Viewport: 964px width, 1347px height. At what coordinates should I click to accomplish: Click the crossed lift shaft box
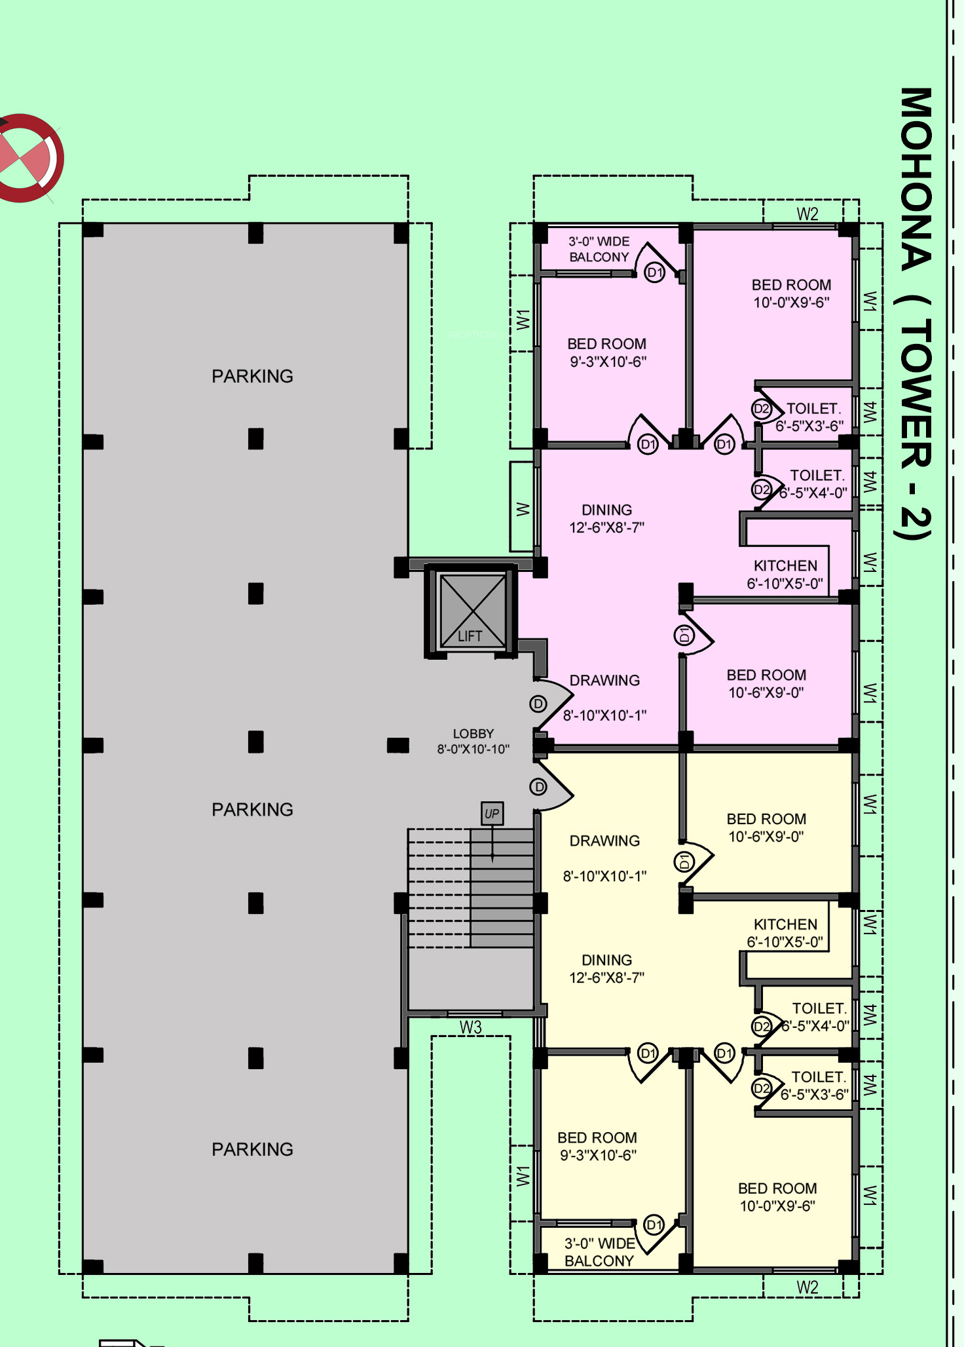tap(473, 611)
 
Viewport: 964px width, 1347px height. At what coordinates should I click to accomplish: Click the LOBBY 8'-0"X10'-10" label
tap(473, 742)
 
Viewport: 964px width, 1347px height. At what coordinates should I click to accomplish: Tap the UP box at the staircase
tap(492, 814)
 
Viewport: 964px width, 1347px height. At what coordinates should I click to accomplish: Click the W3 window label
tap(471, 1027)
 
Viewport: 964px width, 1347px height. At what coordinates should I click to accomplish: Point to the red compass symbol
tap(26, 158)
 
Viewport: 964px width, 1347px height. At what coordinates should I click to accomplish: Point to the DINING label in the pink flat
tap(606, 519)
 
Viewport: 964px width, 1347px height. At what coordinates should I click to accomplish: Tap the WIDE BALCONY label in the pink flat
tap(599, 250)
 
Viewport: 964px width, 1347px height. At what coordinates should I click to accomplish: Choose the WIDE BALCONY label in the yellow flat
tap(599, 1252)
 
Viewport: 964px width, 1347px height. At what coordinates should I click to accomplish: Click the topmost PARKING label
tap(252, 376)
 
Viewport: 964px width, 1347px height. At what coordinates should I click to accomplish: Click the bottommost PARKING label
tap(252, 1149)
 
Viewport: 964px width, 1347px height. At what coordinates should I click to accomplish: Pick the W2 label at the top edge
tap(807, 214)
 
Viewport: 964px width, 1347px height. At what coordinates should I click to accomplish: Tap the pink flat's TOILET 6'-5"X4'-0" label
tap(814, 484)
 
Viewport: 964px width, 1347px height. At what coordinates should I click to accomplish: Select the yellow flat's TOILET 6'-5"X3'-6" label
tap(815, 1086)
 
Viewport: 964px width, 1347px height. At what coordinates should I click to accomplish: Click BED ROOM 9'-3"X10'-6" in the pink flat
tap(607, 352)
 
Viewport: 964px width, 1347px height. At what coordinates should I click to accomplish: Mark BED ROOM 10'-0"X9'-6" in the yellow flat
tap(777, 1197)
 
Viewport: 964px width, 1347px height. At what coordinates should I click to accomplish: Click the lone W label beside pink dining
tap(523, 509)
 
